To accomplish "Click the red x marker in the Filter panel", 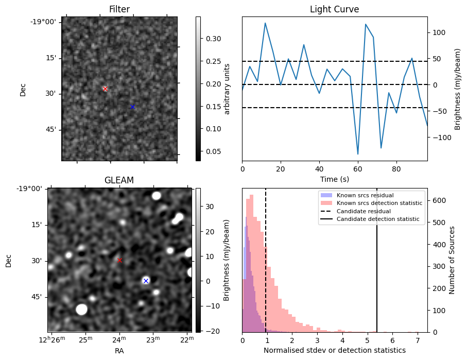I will [105, 89].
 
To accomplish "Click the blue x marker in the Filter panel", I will [132, 107].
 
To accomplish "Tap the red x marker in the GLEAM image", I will [119, 260].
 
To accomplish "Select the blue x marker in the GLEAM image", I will [146, 281].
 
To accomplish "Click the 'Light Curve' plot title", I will [334, 10].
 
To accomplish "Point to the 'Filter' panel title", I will [119, 10].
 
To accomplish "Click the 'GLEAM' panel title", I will [119, 180].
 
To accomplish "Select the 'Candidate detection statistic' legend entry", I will [377, 219].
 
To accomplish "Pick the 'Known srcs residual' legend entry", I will [365, 195].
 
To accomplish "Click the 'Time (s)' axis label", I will [334, 179].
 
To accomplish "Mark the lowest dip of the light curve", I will [358, 154].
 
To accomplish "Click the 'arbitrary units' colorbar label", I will [227, 89].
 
